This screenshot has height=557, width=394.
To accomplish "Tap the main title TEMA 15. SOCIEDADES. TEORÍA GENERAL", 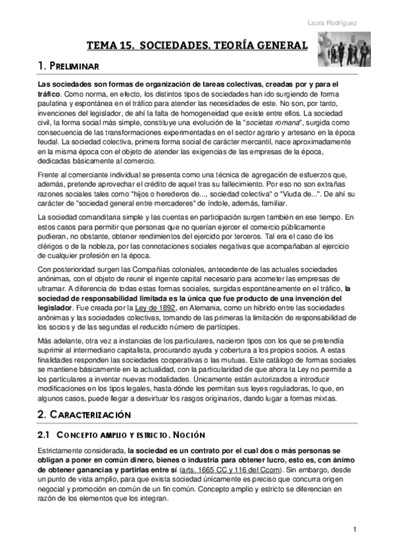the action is coord(197,46).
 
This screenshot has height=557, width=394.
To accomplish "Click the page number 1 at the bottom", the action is coord(355,531).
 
